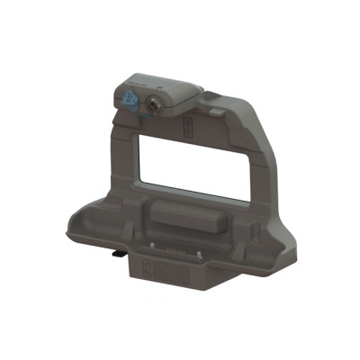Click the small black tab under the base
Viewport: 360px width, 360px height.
(x=118, y=256)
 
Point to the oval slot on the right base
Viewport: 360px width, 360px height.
(x=255, y=231)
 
